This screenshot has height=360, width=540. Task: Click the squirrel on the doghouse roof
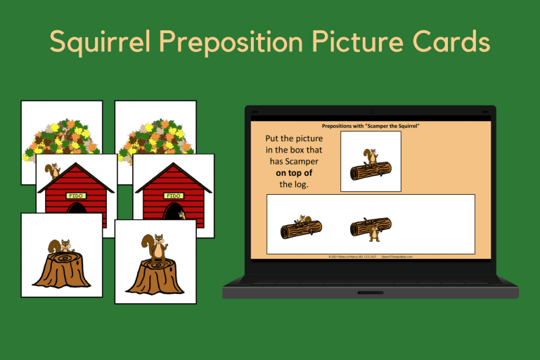click(52, 171)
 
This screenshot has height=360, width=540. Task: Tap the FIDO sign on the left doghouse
click(75, 195)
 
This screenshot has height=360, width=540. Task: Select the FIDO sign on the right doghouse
click(172, 195)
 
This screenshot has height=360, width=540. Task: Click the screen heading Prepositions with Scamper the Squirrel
click(370, 126)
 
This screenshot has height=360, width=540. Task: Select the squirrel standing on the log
click(371, 156)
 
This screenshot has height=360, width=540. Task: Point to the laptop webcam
click(371, 111)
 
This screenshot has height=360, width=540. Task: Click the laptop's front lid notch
click(370, 292)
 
